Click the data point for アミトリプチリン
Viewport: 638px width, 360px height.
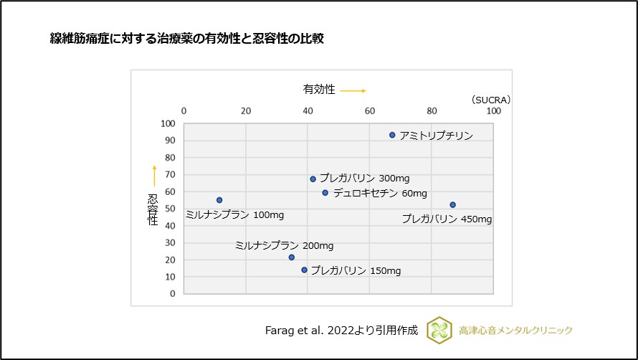pyautogui.click(x=392, y=135)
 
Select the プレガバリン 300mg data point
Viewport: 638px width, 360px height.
pyautogui.click(x=313, y=179)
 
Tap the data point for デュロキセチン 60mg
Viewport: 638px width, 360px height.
pyautogui.click(x=325, y=193)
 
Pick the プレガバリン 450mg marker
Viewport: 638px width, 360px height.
pyautogui.click(x=452, y=205)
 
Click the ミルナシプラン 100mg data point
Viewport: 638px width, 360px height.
pyautogui.click(x=219, y=200)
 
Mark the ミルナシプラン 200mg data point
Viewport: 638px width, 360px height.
pyautogui.click(x=291, y=257)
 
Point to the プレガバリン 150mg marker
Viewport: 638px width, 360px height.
pyautogui.click(x=304, y=270)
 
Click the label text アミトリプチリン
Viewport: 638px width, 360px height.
pyautogui.click(x=436, y=136)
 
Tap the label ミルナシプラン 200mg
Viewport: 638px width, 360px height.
pyautogui.click(x=284, y=246)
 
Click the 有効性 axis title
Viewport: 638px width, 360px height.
pyautogui.click(x=319, y=90)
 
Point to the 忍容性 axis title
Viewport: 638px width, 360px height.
pyautogui.click(x=153, y=209)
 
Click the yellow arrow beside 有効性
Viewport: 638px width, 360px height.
pyautogui.click(x=353, y=91)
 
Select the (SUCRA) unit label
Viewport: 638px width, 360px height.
pyautogui.click(x=490, y=100)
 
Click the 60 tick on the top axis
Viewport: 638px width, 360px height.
pyautogui.click(x=370, y=111)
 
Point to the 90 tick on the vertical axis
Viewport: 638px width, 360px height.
pyautogui.click(x=168, y=141)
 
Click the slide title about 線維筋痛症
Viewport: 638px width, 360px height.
pyautogui.click(x=183, y=39)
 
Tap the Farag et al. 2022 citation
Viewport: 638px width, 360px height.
pyautogui.click(x=341, y=331)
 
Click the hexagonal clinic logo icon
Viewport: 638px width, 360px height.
pyautogui.click(x=439, y=330)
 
